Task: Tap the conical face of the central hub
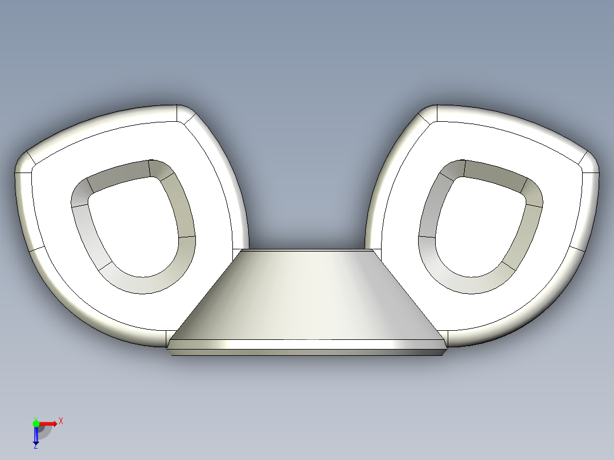(x=308, y=296)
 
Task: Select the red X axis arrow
(x=48, y=423)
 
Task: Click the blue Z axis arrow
(x=35, y=436)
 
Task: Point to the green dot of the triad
(x=35, y=423)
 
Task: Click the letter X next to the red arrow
(x=61, y=421)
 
